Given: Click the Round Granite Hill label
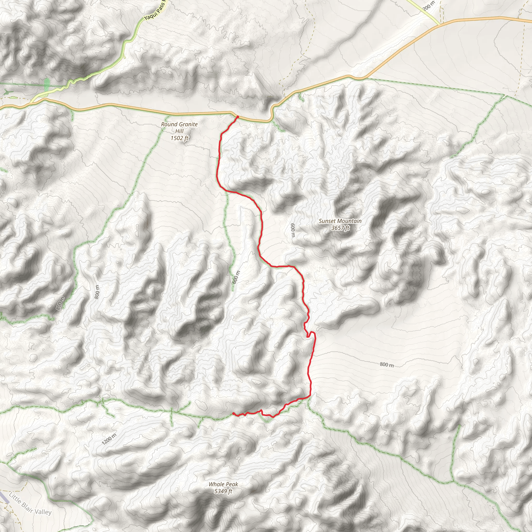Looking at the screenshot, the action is [179, 128].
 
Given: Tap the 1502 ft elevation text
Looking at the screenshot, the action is [179, 138].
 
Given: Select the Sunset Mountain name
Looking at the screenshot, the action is [340, 221].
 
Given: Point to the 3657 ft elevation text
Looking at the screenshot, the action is [340, 228].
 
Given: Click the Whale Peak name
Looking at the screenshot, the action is [223, 484].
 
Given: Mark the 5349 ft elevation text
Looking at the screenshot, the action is [223, 491].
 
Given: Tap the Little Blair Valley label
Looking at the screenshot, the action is [30, 504].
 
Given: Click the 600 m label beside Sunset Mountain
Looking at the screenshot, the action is [293, 230].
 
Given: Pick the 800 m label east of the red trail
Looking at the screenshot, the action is [387, 364].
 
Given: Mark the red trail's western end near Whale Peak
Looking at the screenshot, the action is [233, 413].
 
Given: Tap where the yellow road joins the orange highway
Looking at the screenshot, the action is [440, 24].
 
